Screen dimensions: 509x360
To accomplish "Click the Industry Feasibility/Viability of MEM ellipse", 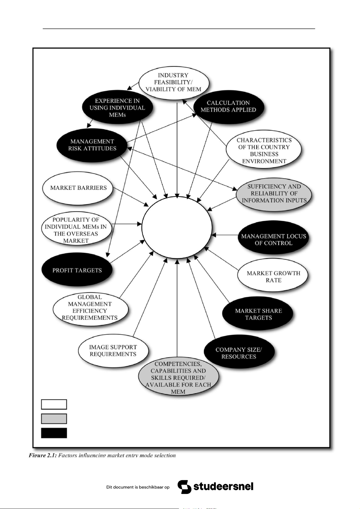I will pos(174,82).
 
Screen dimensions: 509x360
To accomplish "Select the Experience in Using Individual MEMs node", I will pos(117,108).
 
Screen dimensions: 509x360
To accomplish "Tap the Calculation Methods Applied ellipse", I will pos(228,106).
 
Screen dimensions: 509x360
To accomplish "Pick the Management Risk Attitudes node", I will pos(92,145).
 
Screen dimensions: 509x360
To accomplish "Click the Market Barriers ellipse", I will pos(78,188).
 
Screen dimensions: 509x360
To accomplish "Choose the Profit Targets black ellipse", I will pos(77,270).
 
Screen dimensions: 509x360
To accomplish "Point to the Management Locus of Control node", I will pos(273,240).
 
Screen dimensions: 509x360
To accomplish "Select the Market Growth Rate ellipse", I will pos(273,276).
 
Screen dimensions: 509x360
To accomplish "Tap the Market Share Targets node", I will pos(258,314).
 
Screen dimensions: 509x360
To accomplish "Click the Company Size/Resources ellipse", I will pos(238,353).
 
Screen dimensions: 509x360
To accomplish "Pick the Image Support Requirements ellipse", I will pos(113,350).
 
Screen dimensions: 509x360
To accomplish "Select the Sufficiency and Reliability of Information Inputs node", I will pos(274,193).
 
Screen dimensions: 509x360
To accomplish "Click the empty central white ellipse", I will pos(177,227).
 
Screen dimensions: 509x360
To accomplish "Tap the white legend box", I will pos(54,404).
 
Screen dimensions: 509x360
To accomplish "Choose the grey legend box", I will pos(54,419).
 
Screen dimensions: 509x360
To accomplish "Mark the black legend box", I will pos(54,433).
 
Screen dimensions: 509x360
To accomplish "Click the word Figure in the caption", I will pos(37,455).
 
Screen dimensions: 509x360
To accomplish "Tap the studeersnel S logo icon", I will pos(184,487).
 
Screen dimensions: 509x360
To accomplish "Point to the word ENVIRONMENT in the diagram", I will pos(264,161).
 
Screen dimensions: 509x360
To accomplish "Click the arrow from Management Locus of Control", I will pos(225,235).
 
